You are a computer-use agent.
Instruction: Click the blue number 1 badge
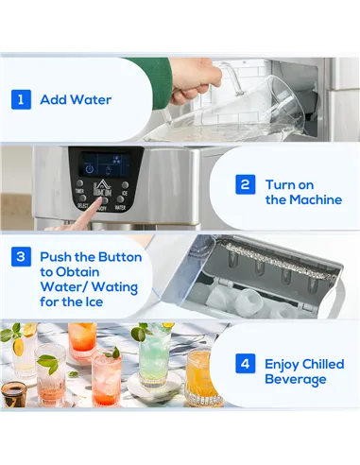pyautogui.click(x=20, y=99)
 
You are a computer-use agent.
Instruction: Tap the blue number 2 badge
pyautogui.click(x=244, y=184)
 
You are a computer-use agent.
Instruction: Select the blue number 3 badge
pyautogui.click(x=20, y=257)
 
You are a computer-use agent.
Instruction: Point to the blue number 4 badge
pyautogui.click(x=244, y=363)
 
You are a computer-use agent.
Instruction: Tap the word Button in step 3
pyautogui.click(x=119, y=257)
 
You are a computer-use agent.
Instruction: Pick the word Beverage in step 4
pyautogui.click(x=296, y=379)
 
